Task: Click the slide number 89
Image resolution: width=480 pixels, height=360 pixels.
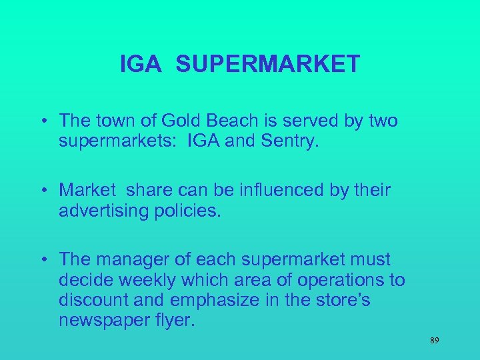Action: (434, 341)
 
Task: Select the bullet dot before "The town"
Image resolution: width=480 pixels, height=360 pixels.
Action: (43, 121)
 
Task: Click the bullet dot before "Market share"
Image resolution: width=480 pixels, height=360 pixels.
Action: (43, 191)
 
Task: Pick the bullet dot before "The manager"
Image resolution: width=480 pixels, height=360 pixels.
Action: (43, 260)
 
